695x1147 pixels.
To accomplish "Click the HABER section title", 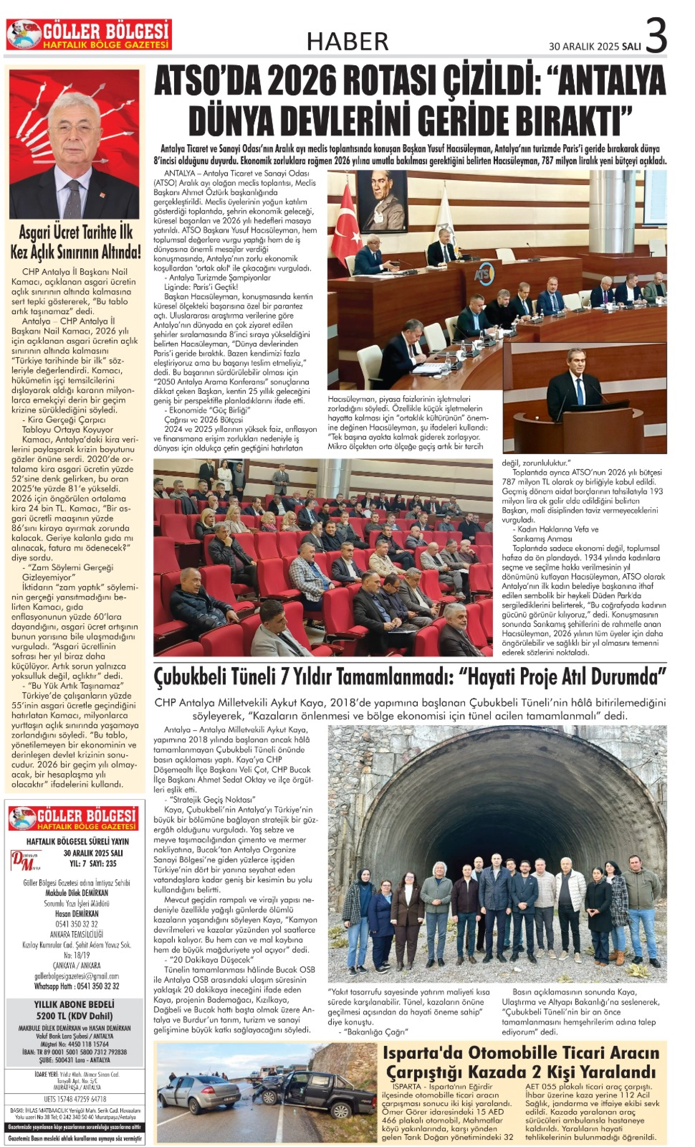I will (347, 41).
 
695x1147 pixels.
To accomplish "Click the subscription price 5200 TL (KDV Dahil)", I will (74, 1016).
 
